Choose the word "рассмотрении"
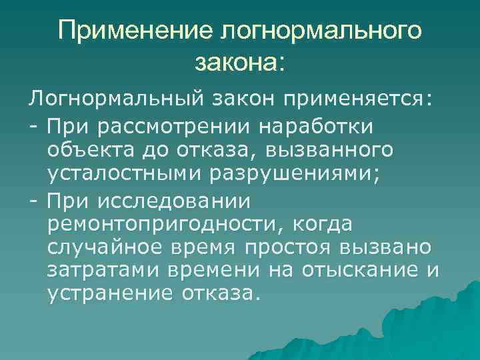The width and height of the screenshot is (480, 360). click(x=177, y=125)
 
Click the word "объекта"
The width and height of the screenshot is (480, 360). click(x=88, y=151)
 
